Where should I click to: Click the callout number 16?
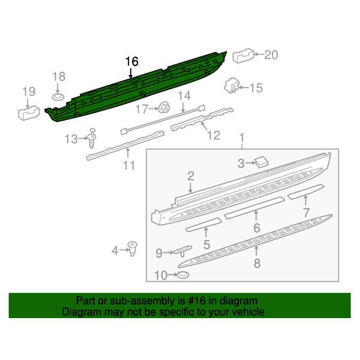coord(131,62)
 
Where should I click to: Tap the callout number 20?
coord(271,55)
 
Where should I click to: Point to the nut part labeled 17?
coord(163,107)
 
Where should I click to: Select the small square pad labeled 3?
coord(262,161)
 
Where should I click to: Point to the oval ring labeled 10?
coord(181,275)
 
